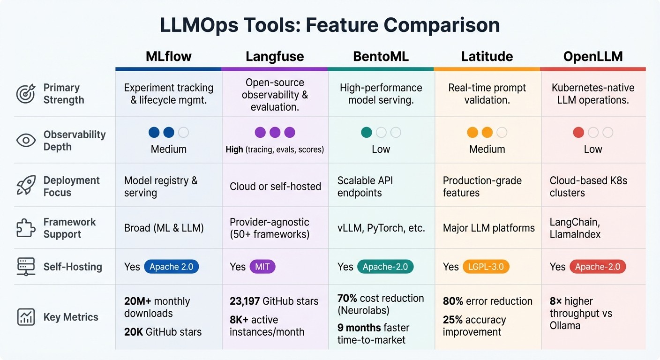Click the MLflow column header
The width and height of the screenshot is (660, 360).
coord(168,57)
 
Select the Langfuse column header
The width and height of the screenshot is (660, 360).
coord(275,57)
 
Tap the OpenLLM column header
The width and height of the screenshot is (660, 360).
coord(593,57)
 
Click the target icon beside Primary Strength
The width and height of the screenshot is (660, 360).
coord(26,94)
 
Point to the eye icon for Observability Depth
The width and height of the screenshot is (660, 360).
coord(26,141)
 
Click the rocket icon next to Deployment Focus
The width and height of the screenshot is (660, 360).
coord(26,186)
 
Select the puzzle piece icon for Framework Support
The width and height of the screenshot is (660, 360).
coord(26,228)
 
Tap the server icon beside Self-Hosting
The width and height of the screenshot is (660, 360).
coord(26,267)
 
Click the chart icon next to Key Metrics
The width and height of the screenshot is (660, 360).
coord(26,317)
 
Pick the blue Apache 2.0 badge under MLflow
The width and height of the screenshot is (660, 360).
coord(171,267)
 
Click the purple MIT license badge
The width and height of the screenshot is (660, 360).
coord(262,267)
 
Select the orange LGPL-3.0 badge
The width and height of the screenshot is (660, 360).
coord(486,267)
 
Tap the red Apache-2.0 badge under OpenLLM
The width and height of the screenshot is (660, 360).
coord(597,267)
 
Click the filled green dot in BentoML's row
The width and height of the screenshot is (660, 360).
coord(367,133)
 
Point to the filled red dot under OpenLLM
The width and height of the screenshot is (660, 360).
coord(578,133)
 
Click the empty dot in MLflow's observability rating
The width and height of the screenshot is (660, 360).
coord(183,133)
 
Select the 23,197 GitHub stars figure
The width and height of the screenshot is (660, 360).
coord(274,301)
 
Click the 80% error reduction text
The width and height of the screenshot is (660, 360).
coord(487,301)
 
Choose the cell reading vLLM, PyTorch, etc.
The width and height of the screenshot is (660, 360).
coord(381,228)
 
